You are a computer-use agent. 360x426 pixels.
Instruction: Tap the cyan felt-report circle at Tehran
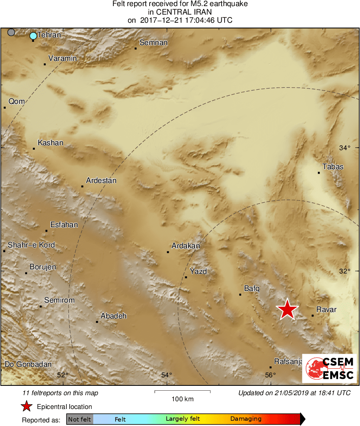(33, 36)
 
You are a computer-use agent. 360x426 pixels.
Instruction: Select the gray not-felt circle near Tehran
(11, 32)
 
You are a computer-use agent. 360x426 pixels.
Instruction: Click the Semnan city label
(153, 43)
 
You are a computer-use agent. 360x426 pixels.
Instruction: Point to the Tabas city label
(333, 167)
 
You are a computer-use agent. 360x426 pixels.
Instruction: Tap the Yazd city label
(198, 271)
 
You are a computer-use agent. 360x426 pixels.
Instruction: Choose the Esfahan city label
(64, 225)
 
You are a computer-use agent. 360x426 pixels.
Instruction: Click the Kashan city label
(50, 143)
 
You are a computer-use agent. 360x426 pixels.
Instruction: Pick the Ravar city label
(326, 310)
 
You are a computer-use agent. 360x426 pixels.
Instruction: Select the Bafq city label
(251, 288)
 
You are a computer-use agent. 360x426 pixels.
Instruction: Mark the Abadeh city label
(114, 316)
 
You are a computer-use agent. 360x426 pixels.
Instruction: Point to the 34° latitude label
(345, 148)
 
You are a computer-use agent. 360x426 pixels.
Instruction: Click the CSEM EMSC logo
(329, 368)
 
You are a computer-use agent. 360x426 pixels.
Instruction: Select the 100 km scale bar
(182, 392)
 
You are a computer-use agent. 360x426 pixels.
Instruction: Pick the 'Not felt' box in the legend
(79, 419)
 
